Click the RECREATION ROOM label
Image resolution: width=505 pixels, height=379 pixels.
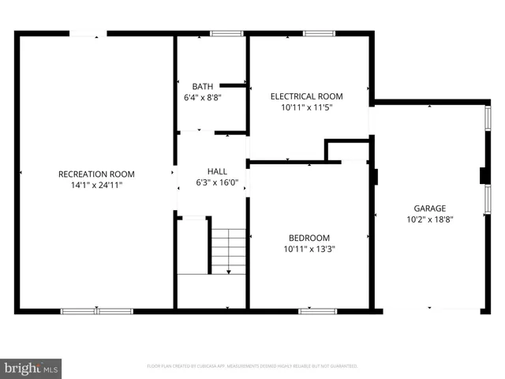coord(96,174)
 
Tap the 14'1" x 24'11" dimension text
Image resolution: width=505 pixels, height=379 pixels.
coord(96,185)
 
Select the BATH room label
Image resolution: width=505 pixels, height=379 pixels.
coord(202,87)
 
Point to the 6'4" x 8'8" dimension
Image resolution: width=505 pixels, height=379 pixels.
coord(202,97)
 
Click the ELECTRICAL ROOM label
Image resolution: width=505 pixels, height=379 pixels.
coord(307,96)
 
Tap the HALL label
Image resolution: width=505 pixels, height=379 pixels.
coord(217,171)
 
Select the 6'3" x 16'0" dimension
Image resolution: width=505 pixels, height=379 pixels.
coord(217,182)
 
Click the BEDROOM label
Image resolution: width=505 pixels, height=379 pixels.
coord(309,238)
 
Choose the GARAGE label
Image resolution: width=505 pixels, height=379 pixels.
coord(429,209)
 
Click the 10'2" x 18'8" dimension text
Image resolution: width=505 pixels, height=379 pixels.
coord(429,220)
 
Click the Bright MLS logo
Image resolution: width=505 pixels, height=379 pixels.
coord(32,368)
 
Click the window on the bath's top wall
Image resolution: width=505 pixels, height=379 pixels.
coord(226,33)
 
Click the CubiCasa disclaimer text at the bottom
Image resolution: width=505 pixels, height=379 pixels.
coord(252,366)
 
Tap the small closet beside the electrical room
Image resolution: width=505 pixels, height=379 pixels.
coord(348,151)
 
